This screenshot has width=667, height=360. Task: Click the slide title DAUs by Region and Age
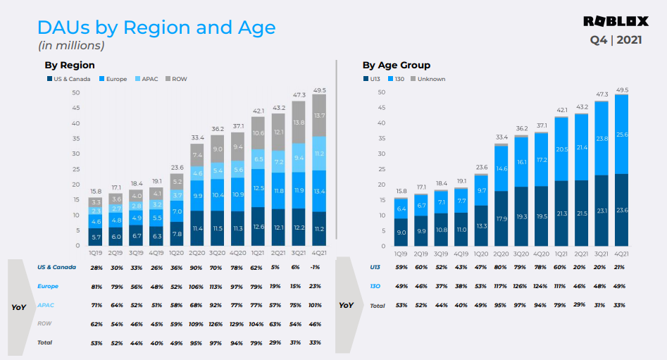tap(156, 27)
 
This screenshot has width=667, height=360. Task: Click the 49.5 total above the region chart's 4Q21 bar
tap(319, 90)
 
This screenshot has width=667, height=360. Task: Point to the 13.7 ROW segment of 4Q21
tap(319, 115)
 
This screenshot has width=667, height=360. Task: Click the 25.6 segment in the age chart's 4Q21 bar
tap(621, 134)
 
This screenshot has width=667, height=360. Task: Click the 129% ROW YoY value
tap(237, 323)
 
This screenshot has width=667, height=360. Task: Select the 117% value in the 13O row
tap(501, 287)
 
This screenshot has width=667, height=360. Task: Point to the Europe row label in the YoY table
tap(49, 286)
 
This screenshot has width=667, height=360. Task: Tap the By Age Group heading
tap(396, 65)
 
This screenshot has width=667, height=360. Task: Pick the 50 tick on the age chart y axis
tap(381, 92)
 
